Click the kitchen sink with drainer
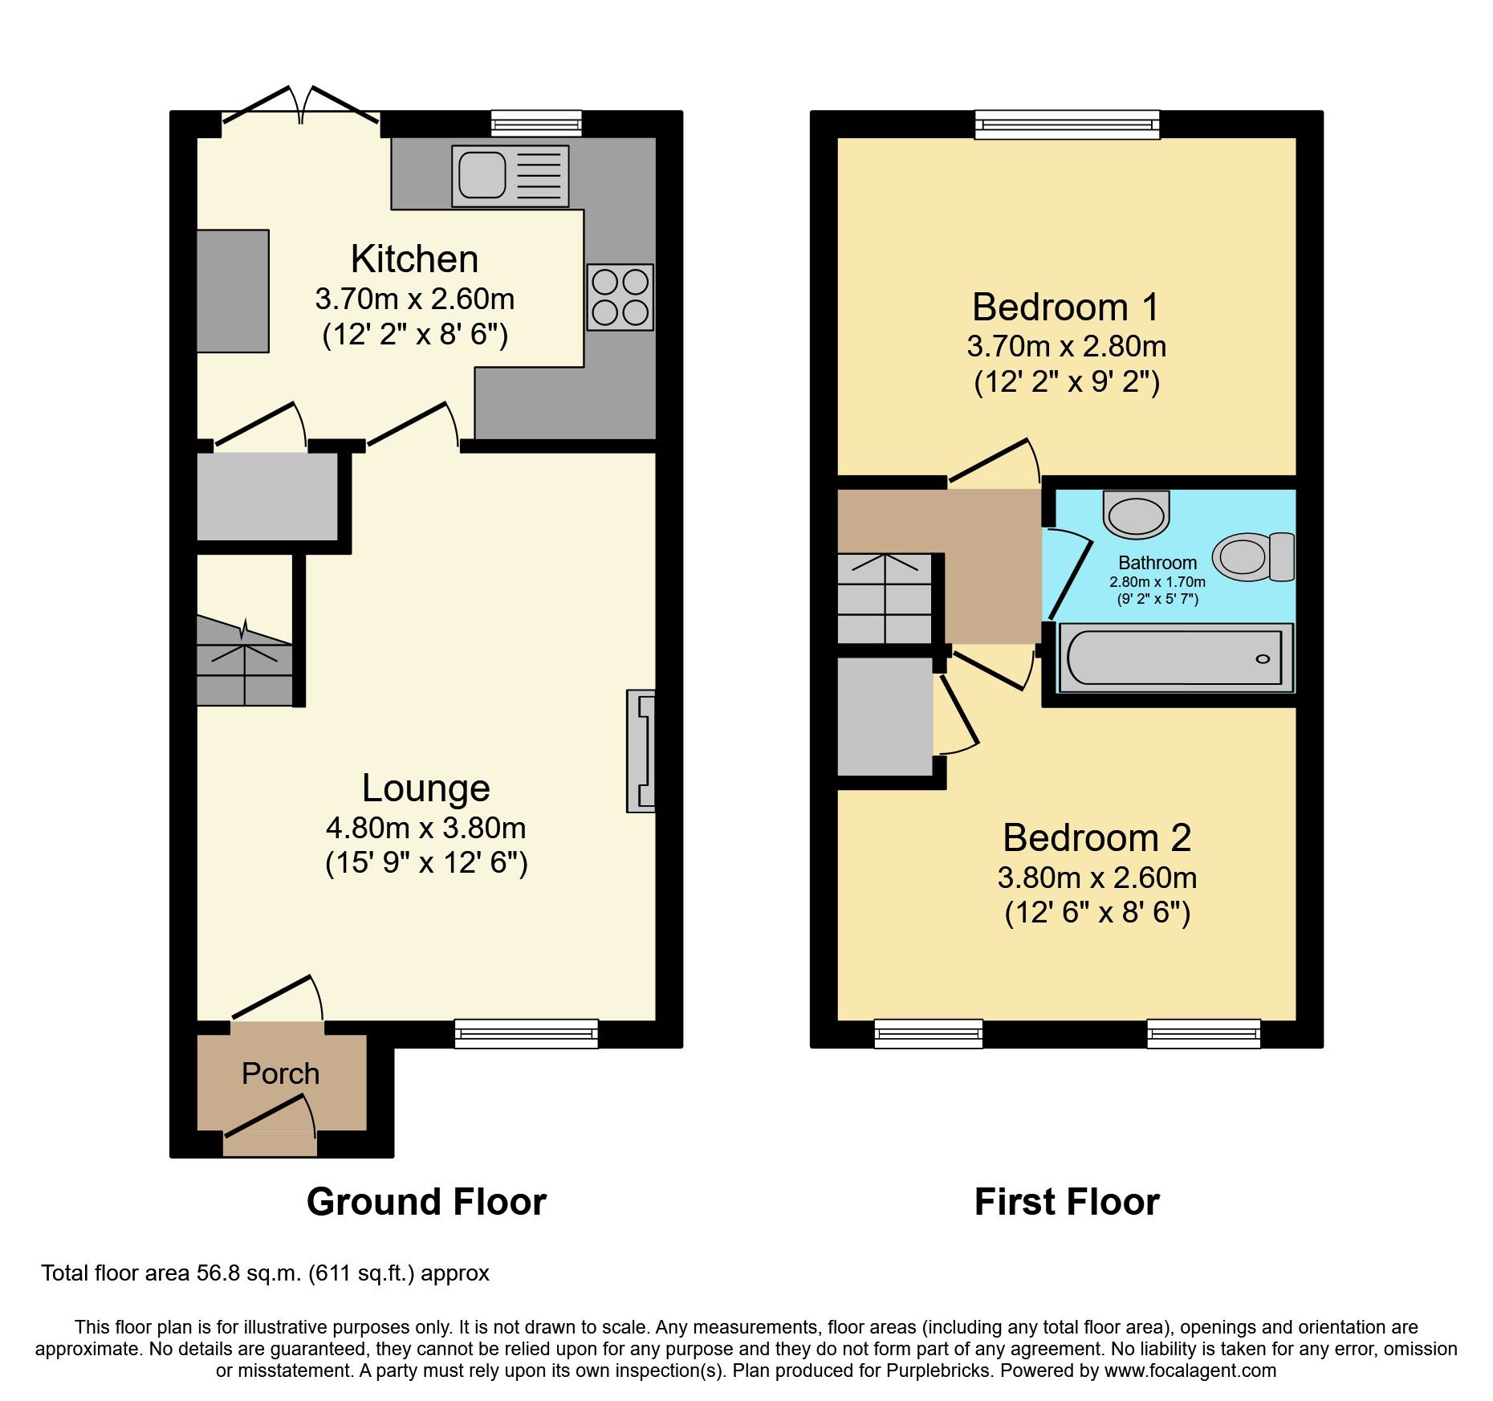click(510, 175)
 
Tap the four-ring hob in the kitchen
click(620, 297)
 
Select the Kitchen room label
click(414, 259)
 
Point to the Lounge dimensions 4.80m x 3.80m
click(426, 828)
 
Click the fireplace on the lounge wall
click(641, 751)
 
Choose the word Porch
click(281, 1073)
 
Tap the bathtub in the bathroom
click(1176, 658)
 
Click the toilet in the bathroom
click(1253, 556)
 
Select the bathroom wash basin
click(1137, 515)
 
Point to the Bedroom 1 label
click(1066, 307)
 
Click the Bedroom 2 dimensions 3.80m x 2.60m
click(1097, 878)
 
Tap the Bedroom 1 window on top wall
click(1068, 124)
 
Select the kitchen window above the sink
click(536, 124)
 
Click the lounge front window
click(527, 1033)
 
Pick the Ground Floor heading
click(426, 1202)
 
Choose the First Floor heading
click(1067, 1202)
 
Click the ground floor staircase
click(245, 660)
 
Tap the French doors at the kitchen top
click(301, 105)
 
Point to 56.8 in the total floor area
click(219, 1273)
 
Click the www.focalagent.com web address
click(1190, 1370)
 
